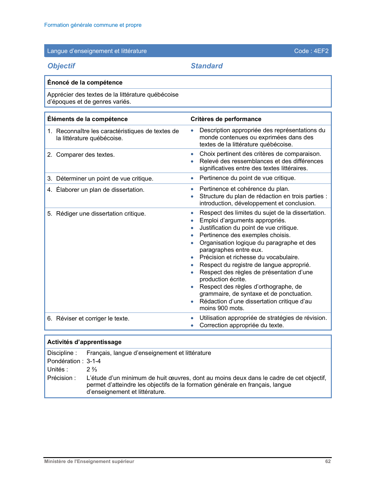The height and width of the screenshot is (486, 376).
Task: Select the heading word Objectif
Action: (x=61, y=66)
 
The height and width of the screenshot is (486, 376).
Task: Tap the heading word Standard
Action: (x=206, y=66)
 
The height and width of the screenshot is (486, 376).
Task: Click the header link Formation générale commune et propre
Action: (x=93, y=25)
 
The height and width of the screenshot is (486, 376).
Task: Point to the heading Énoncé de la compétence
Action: (x=85, y=82)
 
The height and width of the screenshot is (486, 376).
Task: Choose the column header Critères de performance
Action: (x=226, y=119)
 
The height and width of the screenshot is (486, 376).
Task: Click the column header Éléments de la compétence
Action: (x=87, y=119)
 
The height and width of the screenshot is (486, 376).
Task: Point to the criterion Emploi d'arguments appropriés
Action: (x=243, y=220)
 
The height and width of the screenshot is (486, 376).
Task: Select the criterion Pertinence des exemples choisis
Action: (x=245, y=235)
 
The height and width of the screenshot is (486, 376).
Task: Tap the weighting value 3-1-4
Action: (x=93, y=361)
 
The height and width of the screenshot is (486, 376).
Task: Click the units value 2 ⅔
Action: (x=92, y=369)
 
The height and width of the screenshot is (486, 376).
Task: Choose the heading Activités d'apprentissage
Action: (x=84, y=342)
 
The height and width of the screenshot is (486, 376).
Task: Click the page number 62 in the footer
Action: (x=328, y=462)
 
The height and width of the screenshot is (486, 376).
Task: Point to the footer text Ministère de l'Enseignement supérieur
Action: (x=89, y=462)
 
